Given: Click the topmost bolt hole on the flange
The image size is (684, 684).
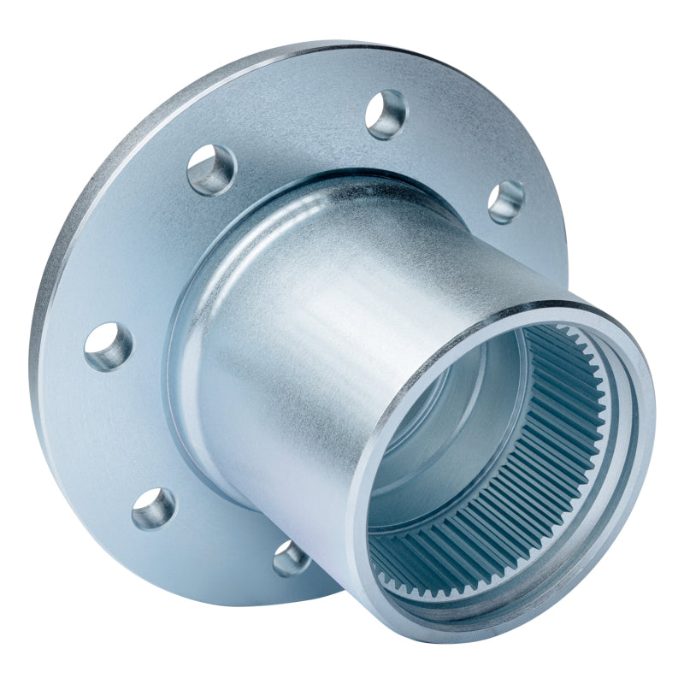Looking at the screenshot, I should coord(386,114).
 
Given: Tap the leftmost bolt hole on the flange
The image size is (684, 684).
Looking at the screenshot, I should coord(109,346).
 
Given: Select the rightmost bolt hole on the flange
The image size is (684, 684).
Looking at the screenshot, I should coord(506,202).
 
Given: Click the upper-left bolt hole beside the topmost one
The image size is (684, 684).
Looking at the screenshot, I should coord(211,169).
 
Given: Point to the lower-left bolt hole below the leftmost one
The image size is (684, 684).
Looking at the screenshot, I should coord(154,508).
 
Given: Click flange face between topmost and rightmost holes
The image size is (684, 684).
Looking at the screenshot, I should coord(462,145).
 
